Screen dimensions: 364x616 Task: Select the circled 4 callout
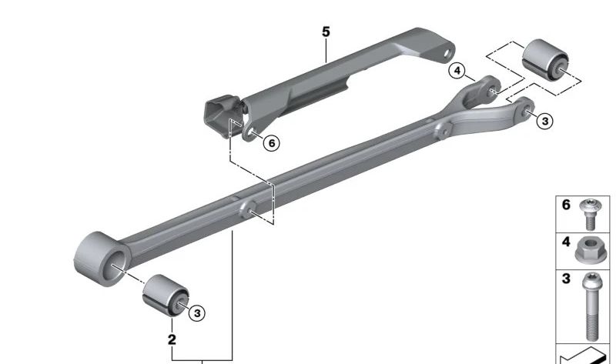coord(458,72)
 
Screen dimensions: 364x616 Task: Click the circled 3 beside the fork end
coord(544,121)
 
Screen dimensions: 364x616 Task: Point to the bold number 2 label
coord(172,339)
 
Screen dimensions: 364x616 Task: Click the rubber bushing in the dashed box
coord(545,58)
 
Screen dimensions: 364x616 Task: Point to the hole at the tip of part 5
coord(445,54)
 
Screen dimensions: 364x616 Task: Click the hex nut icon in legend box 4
coord(589,251)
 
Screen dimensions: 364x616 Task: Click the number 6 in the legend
coord(566,205)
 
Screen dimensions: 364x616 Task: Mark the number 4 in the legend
coord(566,242)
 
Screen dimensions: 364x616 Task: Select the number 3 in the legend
coord(566,279)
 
